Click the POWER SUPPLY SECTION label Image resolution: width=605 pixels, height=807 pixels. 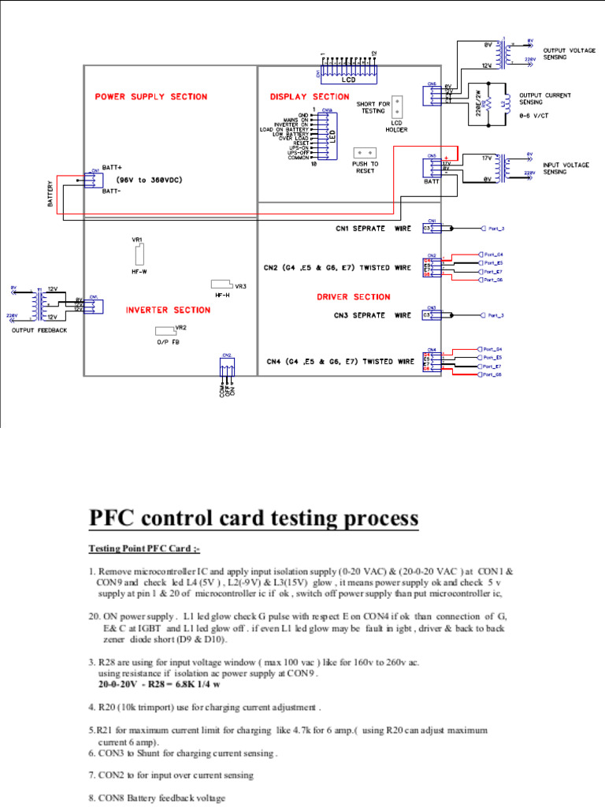(x=151, y=97)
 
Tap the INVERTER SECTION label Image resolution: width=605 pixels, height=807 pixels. (x=158, y=310)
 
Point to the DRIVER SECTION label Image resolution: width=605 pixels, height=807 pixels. (x=353, y=297)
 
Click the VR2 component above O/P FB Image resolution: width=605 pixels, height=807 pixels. (x=163, y=330)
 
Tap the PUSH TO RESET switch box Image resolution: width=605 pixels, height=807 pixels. (x=364, y=152)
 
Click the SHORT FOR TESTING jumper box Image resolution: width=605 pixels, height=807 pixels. (x=398, y=105)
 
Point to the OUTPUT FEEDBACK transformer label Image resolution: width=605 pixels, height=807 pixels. (x=39, y=330)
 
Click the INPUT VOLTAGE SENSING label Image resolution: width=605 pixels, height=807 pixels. (x=566, y=169)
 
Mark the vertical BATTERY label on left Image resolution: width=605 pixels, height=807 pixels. (x=49, y=192)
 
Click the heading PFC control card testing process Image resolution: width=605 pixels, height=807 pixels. (x=253, y=519)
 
